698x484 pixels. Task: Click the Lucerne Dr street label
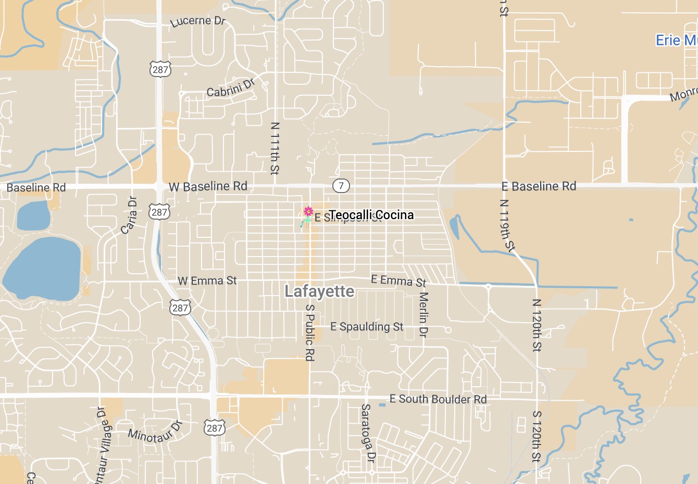(198, 21)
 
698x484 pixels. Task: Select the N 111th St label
(275, 148)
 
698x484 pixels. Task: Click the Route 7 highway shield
(341, 186)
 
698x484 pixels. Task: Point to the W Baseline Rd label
(208, 186)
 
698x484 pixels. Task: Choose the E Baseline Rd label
(539, 186)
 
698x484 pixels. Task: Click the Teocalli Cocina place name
(371, 215)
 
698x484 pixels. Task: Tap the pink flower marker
(308, 211)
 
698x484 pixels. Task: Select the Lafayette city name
(319, 291)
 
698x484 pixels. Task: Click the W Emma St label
(207, 281)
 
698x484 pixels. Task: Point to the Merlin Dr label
(423, 314)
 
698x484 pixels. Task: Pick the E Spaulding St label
(367, 327)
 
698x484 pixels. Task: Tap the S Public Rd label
(310, 333)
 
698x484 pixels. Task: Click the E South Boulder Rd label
(438, 399)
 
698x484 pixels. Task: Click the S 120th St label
(537, 436)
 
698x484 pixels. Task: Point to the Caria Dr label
(129, 215)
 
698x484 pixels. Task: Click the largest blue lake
(42, 268)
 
